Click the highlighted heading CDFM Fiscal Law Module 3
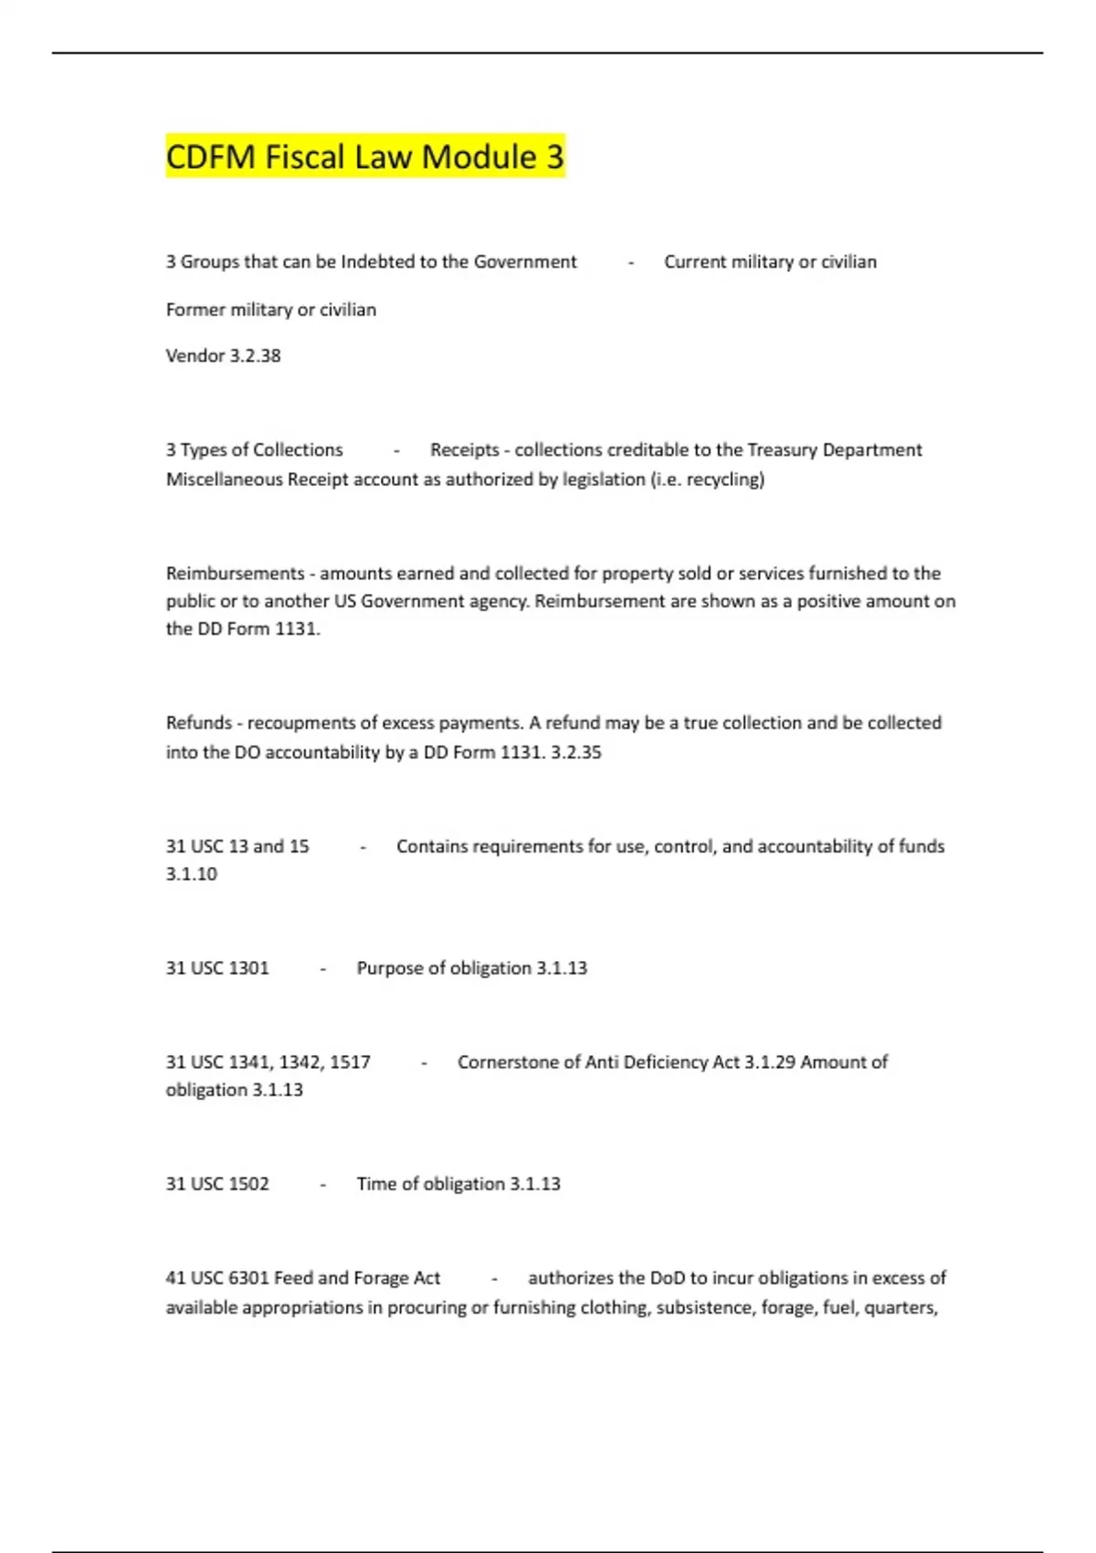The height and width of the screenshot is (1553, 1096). [x=364, y=157]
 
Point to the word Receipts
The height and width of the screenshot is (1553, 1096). [x=465, y=450]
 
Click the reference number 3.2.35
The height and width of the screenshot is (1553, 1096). [x=576, y=753]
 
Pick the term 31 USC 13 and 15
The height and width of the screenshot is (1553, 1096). [x=237, y=847]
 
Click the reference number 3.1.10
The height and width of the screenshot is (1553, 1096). [x=192, y=874]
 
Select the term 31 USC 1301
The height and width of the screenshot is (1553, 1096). [x=217, y=968]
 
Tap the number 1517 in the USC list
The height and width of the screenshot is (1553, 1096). [x=350, y=1062]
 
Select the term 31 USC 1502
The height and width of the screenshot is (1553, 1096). [x=217, y=1184]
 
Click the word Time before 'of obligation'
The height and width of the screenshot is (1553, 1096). [x=375, y=1184]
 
